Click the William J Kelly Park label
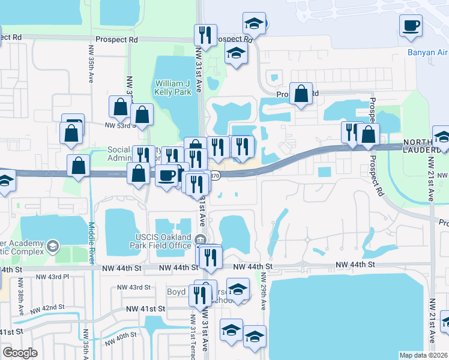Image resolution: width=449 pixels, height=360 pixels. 173,88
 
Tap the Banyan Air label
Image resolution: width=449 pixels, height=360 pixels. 428,52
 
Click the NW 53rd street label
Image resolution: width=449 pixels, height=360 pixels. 118,125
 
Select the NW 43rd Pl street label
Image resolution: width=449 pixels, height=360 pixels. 53,277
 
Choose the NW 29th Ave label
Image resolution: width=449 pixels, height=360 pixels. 263,292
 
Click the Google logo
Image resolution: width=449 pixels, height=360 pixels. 20,353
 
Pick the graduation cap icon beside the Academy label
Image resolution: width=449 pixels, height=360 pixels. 53,245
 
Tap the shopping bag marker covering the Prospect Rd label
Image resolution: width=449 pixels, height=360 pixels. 301,95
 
